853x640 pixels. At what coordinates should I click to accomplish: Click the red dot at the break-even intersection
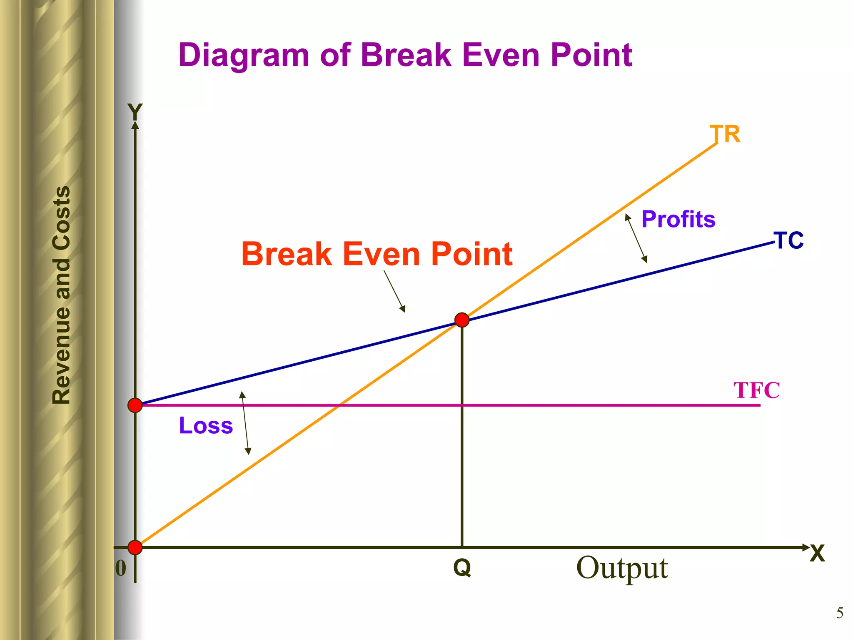462,320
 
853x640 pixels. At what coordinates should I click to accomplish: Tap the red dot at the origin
135,547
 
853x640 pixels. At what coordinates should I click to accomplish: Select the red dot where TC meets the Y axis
135,405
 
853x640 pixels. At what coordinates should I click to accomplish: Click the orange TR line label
725,134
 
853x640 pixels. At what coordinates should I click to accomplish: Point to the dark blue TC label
789,241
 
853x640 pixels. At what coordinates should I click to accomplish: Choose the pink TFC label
756,390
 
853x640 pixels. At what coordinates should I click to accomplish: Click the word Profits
678,219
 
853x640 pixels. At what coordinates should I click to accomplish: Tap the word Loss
206,425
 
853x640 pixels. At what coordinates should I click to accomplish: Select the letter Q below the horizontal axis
462,568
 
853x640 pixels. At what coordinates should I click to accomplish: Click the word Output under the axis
622,568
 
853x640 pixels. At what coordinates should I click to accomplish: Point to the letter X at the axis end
817,554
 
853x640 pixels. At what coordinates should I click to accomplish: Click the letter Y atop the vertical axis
135,112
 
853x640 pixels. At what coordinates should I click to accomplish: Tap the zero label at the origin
121,568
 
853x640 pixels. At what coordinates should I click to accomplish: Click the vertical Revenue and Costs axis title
62,295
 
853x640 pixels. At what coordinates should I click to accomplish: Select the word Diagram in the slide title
244,55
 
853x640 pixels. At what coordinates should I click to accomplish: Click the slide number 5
840,613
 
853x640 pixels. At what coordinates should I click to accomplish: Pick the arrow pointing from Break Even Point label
394,291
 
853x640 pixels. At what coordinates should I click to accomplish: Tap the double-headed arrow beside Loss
245,423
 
